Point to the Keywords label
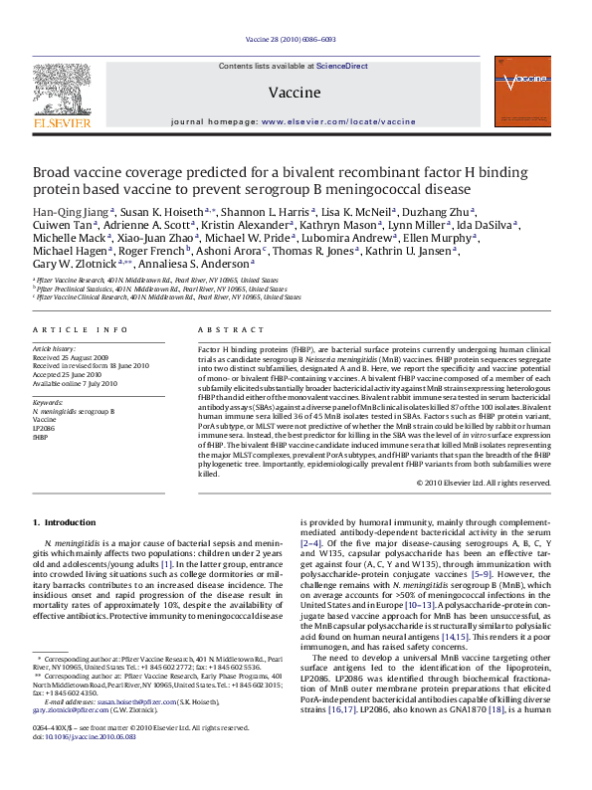click(49, 402)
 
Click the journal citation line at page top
click(296, 41)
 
